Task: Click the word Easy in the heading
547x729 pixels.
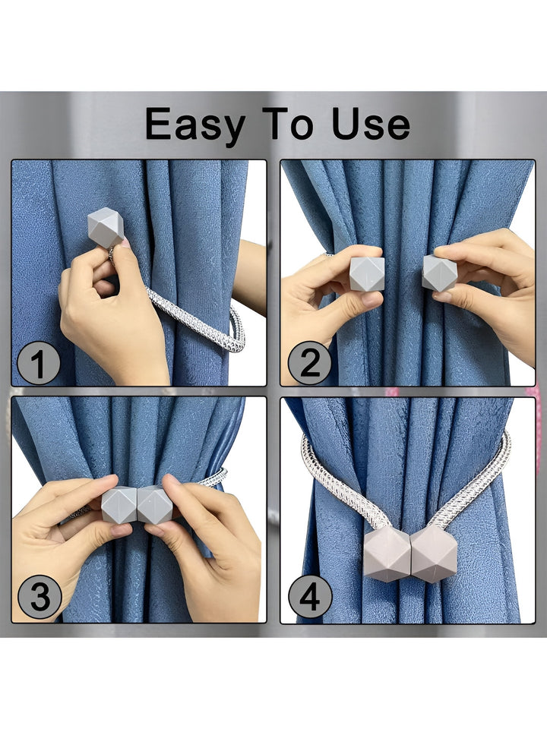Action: (195, 124)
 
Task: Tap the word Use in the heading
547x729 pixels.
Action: (371, 124)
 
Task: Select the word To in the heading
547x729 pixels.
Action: (287, 124)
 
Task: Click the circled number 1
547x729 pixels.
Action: (38, 363)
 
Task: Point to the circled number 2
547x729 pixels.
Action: (309, 363)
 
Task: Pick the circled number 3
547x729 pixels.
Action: (40, 597)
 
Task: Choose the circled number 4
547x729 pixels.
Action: (310, 597)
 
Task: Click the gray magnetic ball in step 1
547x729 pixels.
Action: (106, 227)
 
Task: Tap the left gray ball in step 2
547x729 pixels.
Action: (367, 274)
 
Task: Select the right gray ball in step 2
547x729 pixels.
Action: (440, 273)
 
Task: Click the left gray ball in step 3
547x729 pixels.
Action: (119, 504)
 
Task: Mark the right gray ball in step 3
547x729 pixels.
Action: (155, 504)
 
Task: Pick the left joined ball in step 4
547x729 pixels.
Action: (387, 554)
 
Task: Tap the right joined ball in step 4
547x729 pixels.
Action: (435, 554)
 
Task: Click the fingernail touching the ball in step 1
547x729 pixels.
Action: (125, 243)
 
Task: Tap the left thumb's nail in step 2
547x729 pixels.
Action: (372, 299)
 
